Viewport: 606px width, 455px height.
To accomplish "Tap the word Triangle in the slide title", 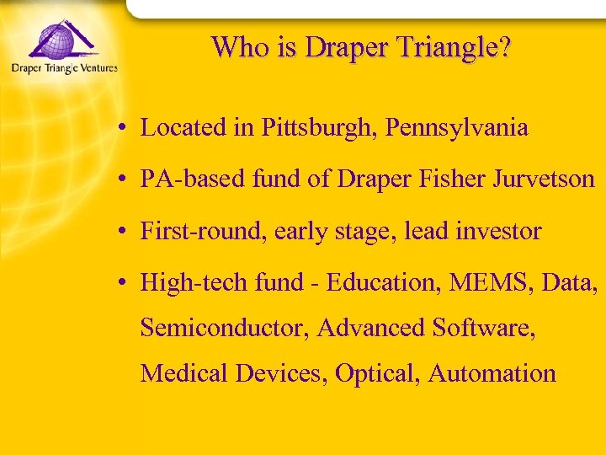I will [448, 47].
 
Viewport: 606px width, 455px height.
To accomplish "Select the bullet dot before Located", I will [123, 129].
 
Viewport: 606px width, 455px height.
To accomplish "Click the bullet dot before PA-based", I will [123, 180].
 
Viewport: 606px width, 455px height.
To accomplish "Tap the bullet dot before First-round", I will [123, 232].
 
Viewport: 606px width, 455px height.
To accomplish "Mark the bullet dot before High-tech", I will [123, 283].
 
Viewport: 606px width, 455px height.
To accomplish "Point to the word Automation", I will [492, 373].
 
